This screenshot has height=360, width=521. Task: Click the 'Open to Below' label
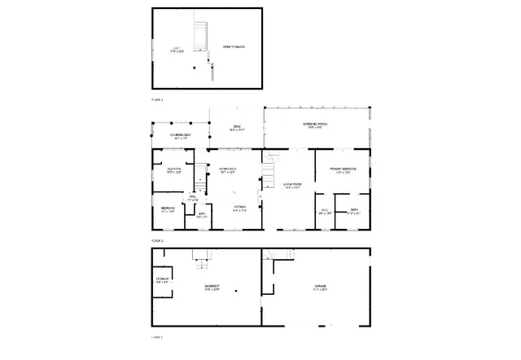coord(234,47)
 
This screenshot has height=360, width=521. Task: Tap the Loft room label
coord(177,50)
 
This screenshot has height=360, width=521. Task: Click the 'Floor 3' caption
coord(157,99)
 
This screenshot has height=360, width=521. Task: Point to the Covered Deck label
coord(180,135)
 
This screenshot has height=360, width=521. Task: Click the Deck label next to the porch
coord(237,126)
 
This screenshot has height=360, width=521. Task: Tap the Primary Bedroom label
coord(340,170)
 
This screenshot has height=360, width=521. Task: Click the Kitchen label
coord(240,208)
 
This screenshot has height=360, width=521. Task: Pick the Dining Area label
coord(227,169)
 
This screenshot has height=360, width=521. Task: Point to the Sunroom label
coord(174,170)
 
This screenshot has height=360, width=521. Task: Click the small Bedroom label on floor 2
coord(168,209)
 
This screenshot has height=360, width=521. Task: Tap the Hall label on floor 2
coord(193,198)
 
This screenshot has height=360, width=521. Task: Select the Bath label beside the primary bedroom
coord(354,211)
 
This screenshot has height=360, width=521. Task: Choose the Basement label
coord(213,288)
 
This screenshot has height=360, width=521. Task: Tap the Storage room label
coord(162,280)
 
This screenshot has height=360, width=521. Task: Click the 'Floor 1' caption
coord(157,336)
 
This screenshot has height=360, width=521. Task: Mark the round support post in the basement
coord(235,291)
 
